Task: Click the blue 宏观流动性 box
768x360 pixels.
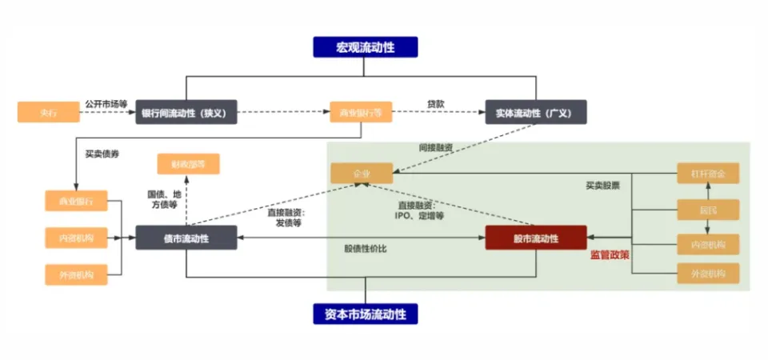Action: pyautogui.click(x=365, y=46)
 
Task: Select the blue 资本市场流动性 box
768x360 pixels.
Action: pyautogui.click(x=365, y=314)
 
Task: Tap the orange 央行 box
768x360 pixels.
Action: pyautogui.click(x=49, y=112)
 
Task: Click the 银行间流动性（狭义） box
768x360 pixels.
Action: pyautogui.click(x=186, y=112)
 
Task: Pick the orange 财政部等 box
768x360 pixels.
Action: pyautogui.click(x=188, y=165)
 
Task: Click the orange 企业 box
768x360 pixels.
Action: pyautogui.click(x=362, y=174)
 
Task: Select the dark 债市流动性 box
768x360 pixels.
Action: pyautogui.click(x=186, y=238)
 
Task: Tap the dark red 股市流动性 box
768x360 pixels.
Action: pyautogui.click(x=536, y=238)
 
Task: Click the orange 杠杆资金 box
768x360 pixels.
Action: pyautogui.click(x=707, y=174)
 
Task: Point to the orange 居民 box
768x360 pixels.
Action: pyautogui.click(x=707, y=210)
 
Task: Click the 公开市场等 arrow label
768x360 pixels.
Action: pyautogui.click(x=106, y=103)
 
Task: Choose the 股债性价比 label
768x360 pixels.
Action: pyautogui.click(x=366, y=250)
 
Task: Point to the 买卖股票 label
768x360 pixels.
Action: pyautogui.click(x=602, y=186)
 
